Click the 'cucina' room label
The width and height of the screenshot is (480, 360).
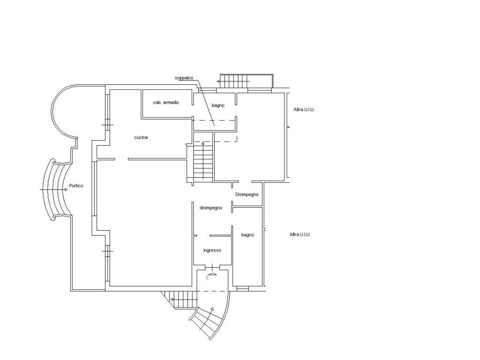(x=141, y=137)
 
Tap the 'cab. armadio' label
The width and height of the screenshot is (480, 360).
(x=166, y=102)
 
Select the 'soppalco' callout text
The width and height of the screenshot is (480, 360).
(x=184, y=78)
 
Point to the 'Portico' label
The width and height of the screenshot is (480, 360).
(x=76, y=186)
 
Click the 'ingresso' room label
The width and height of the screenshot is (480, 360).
(x=212, y=250)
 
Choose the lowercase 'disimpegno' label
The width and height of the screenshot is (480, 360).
(x=211, y=208)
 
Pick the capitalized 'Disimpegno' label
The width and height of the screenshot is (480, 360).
(x=247, y=195)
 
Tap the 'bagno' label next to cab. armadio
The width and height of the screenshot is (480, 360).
(x=218, y=105)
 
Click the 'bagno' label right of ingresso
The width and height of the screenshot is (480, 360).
(x=247, y=235)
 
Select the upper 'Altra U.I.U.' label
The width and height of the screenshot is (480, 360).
(x=304, y=109)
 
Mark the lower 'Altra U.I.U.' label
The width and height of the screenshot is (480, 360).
(x=300, y=234)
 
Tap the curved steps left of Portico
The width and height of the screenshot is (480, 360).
(x=55, y=190)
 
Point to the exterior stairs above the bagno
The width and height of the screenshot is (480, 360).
(x=247, y=81)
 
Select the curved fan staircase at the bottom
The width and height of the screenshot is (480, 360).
(x=210, y=322)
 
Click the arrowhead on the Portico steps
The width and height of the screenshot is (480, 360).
(x=66, y=190)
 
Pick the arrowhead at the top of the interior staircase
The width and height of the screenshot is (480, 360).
(x=203, y=142)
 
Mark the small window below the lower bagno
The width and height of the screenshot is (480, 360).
(x=243, y=288)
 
